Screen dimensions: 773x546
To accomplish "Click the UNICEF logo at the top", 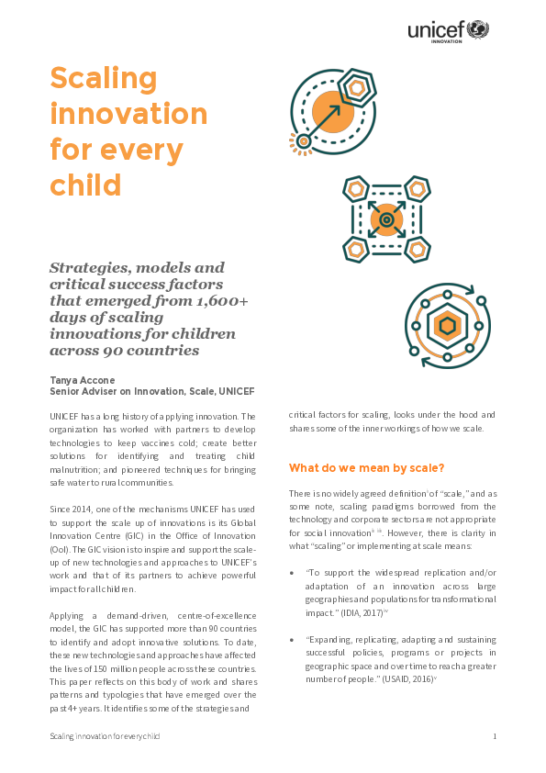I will coord(449,31).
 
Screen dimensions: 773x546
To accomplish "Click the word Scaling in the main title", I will coord(99,79).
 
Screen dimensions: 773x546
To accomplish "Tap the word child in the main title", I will coord(85,184).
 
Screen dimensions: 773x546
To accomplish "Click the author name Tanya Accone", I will coord(84,378).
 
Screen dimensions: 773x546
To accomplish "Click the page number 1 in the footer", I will coord(495,736).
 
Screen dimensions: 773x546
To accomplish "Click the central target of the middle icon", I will coord(386,220).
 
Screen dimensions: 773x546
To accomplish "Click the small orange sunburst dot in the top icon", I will coord(303,140).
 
